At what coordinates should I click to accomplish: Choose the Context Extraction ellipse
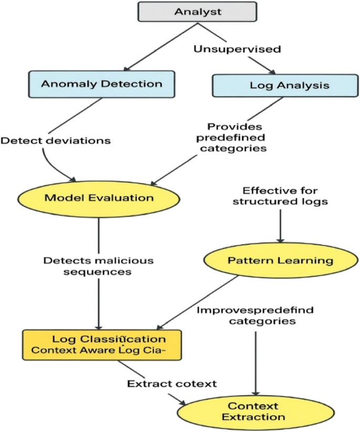(253, 411)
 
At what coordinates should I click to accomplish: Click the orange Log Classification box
(101, 345)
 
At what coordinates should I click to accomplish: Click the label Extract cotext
(172, 384)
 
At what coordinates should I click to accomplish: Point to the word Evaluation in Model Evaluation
(124, 198)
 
